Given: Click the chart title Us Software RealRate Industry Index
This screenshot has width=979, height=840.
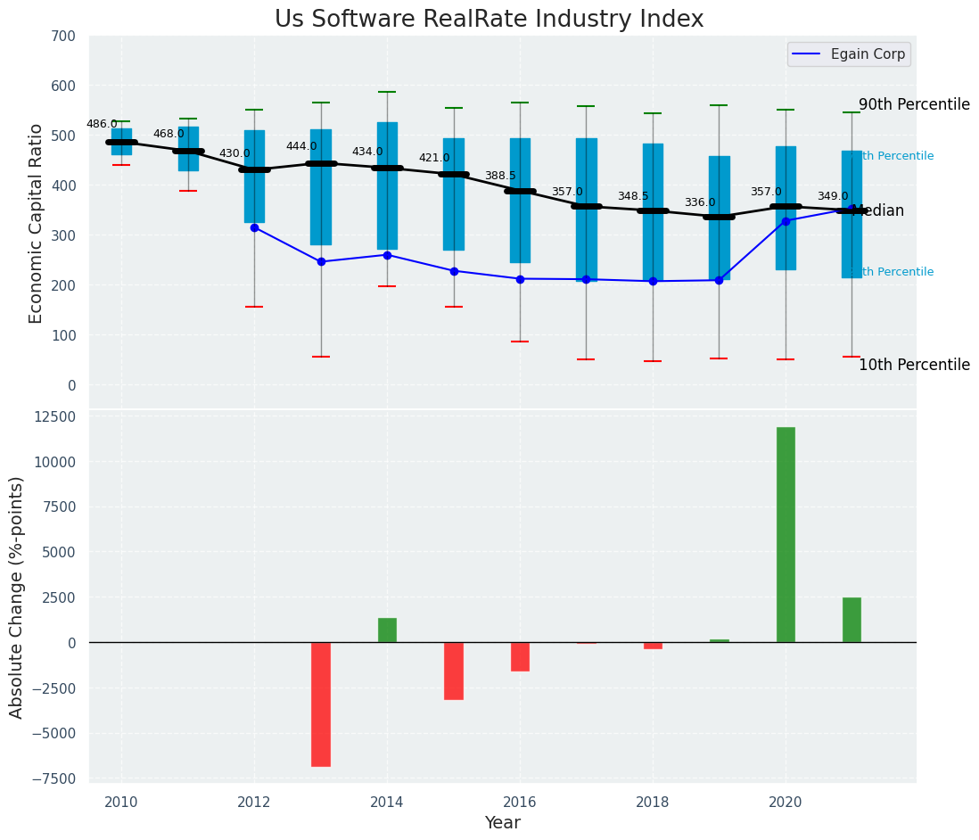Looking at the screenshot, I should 489,20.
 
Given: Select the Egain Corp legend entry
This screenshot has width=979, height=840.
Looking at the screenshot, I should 848,54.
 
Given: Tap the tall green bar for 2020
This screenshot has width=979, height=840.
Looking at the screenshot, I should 786,534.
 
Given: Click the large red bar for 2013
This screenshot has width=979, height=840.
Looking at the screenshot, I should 321,704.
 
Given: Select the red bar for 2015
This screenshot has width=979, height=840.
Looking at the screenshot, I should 454,671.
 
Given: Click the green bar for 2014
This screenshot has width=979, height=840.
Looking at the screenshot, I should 387,630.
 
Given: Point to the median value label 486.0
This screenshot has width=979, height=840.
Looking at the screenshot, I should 102,124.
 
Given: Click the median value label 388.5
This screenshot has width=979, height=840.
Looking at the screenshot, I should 500,176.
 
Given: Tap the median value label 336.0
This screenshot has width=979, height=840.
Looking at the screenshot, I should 700,202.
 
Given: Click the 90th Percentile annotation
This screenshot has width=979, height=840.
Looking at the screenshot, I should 914,104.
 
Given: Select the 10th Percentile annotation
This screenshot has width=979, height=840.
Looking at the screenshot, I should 914,365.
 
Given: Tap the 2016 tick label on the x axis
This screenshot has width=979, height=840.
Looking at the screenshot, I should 520,803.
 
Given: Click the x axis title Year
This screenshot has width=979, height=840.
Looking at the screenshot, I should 503,823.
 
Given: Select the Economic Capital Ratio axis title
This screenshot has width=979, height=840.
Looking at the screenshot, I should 37,223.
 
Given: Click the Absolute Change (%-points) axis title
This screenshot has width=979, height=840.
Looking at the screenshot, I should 17,597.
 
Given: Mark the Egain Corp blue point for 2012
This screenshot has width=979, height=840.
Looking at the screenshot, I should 254,227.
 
